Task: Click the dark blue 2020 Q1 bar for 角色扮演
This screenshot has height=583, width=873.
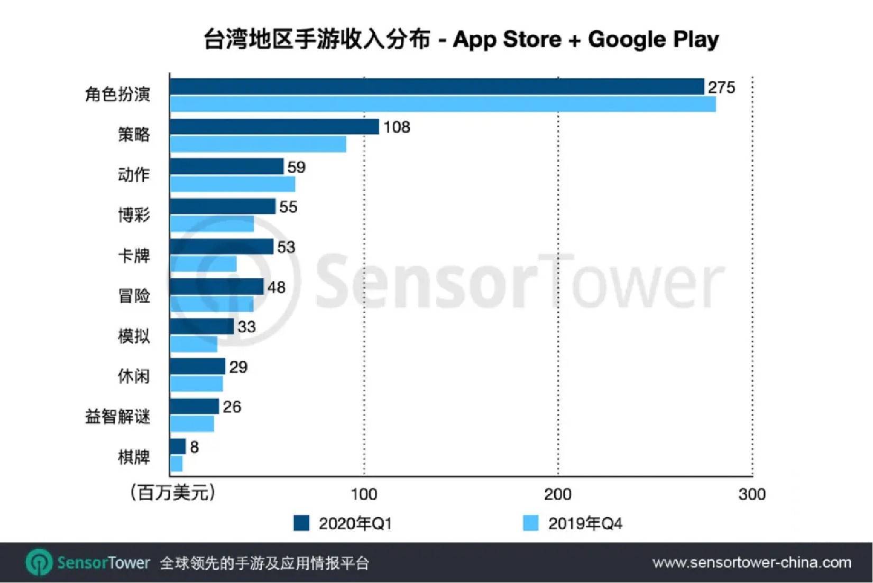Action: click(437, 87)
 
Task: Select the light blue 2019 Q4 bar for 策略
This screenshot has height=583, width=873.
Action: click(258, 144)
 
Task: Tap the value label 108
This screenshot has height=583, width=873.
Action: click(397, 127)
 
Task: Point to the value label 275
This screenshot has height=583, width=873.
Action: click(721, 87)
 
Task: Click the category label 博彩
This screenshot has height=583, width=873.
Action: click(134, 215)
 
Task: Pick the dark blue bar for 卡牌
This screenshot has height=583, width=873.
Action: click(222, 247)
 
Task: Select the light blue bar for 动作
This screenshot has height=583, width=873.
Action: click(233, 184)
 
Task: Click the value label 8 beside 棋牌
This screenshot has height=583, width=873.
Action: click(195, 447)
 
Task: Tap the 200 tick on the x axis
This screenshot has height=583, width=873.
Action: click(558, 494)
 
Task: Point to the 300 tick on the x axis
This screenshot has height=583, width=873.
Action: click(752, 494)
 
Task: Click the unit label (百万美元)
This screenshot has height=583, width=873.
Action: click(173, 492)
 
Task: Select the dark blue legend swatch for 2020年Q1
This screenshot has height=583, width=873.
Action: click(301, 523)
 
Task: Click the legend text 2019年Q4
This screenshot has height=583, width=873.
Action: click(585, 523)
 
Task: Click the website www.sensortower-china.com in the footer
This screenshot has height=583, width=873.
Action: click(751, 563)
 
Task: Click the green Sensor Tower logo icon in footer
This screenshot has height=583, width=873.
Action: click(39, 562)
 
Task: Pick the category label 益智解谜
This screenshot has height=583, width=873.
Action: click(117, 417)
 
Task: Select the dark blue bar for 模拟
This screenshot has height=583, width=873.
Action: click(201, 326)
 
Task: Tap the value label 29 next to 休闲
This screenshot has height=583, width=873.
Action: click(238, 367)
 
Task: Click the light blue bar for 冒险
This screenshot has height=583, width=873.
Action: click(212, 304)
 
